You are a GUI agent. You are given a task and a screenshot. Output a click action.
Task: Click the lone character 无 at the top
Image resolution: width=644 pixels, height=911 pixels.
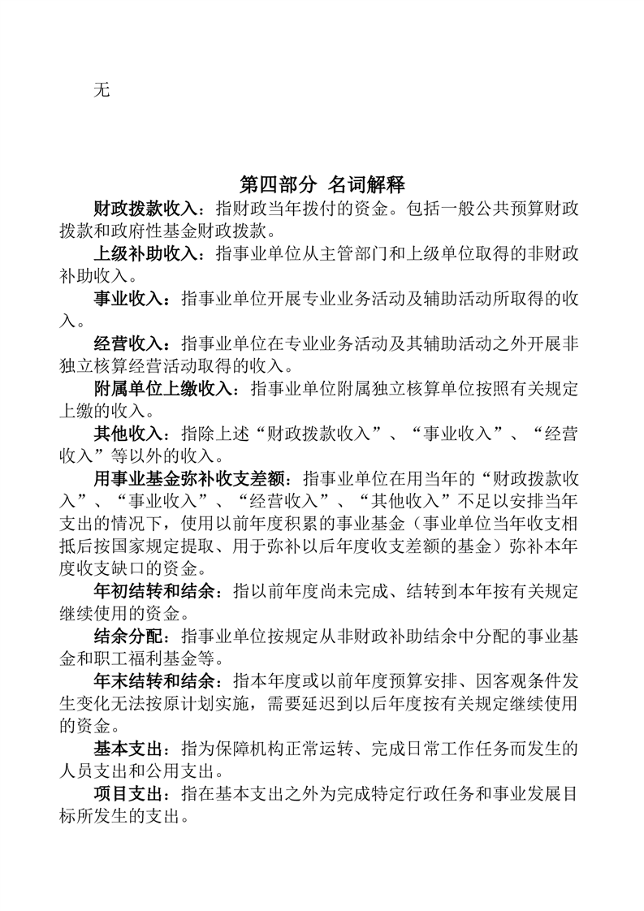[x=102, y=89]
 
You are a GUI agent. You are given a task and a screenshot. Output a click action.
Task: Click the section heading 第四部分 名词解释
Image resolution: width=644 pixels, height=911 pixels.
[x=322, y=182]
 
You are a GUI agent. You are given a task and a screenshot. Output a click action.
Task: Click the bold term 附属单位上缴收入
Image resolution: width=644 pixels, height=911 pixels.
[x=158, y=388]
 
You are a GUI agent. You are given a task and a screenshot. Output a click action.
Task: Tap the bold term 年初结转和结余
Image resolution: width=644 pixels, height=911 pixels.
[x=150, y=590]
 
